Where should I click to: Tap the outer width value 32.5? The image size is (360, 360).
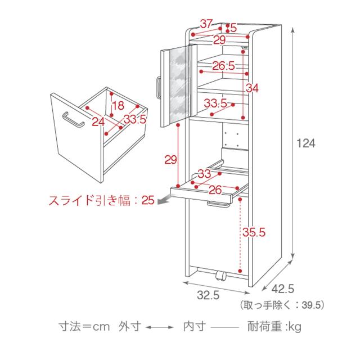pyautogui.click(x=208, y=294)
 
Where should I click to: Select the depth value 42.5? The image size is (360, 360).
pyautogui.click(x=282, y=289)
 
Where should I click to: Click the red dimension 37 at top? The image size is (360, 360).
pyautogui.click(x=206, y=24)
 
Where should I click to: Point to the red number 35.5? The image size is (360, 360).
pyautogui.click(x=254, y=232)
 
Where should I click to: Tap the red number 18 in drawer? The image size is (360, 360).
pyautogui.click(x=118, y=106)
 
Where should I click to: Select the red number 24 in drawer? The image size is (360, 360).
pyautogui.click(x=98, y=121)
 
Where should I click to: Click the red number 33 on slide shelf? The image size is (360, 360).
pyautogui.click(x=204, y=174)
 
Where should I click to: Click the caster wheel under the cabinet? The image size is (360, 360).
pyautogui.click(x=220, y=277)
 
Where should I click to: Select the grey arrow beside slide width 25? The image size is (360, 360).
pyautogui.click(x=163, y=201)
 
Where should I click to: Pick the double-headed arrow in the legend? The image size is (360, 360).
pyautogui.click(x=163, y=326)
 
